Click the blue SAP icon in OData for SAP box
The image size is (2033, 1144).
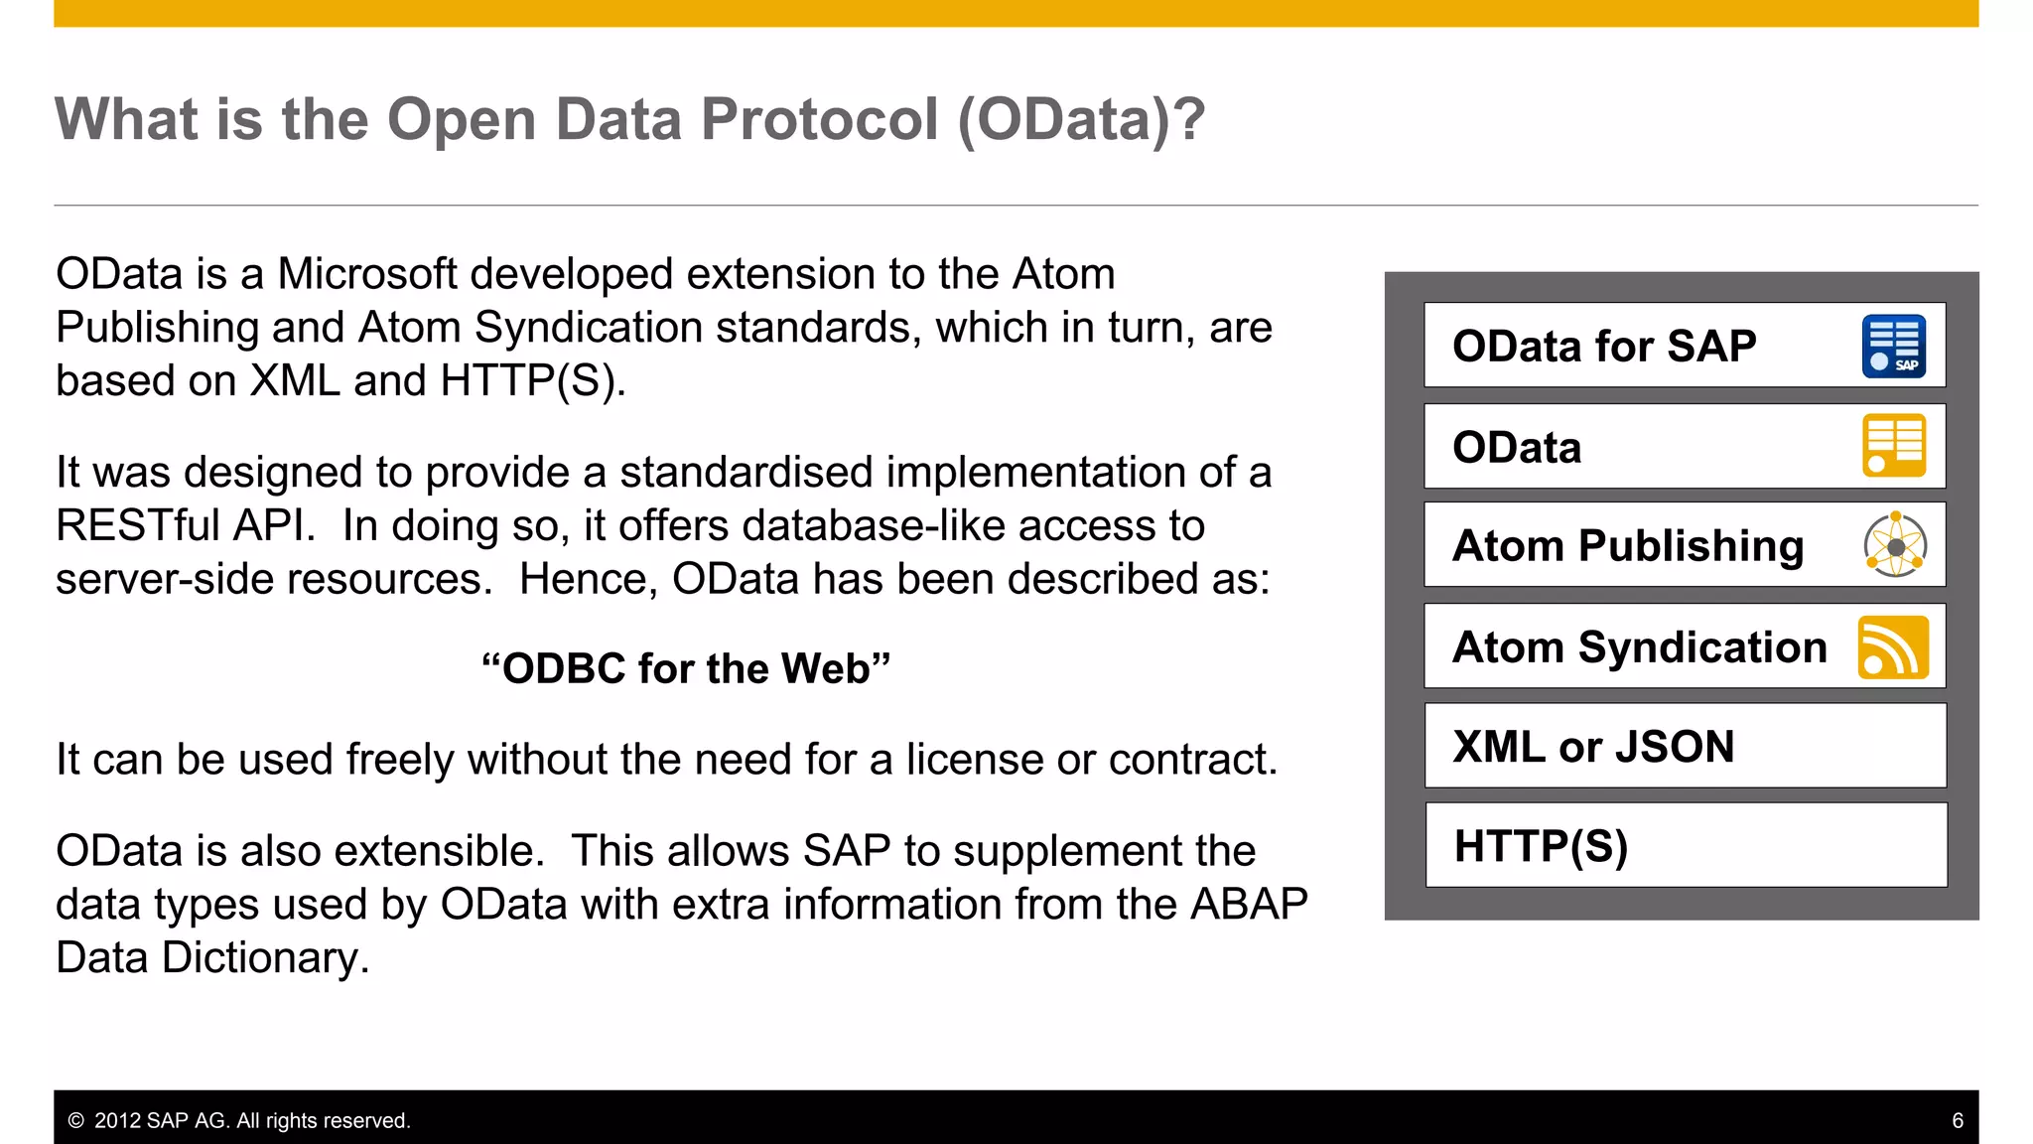tap(1894, 347)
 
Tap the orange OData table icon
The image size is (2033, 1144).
tap(1894, 446)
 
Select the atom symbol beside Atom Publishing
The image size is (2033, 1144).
tap(1895, 545)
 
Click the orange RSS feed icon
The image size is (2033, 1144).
tap(1893, 647)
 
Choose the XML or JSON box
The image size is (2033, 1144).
tap(1685, 746)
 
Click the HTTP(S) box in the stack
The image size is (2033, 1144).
tap(1685, 846)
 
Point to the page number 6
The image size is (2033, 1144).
tap(1957, 1120)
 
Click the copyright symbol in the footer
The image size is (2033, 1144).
tap(75, 1121)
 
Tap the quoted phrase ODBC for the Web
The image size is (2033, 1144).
tap(686, 668)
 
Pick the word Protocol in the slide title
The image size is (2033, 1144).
tap(819, 119)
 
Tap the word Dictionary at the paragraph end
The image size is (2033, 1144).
tap(265, 958)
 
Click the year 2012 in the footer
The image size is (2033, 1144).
tap(117, 1121)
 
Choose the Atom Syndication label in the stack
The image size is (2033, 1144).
tap(1639, 647)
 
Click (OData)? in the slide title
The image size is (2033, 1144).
tap(1081, 119)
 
